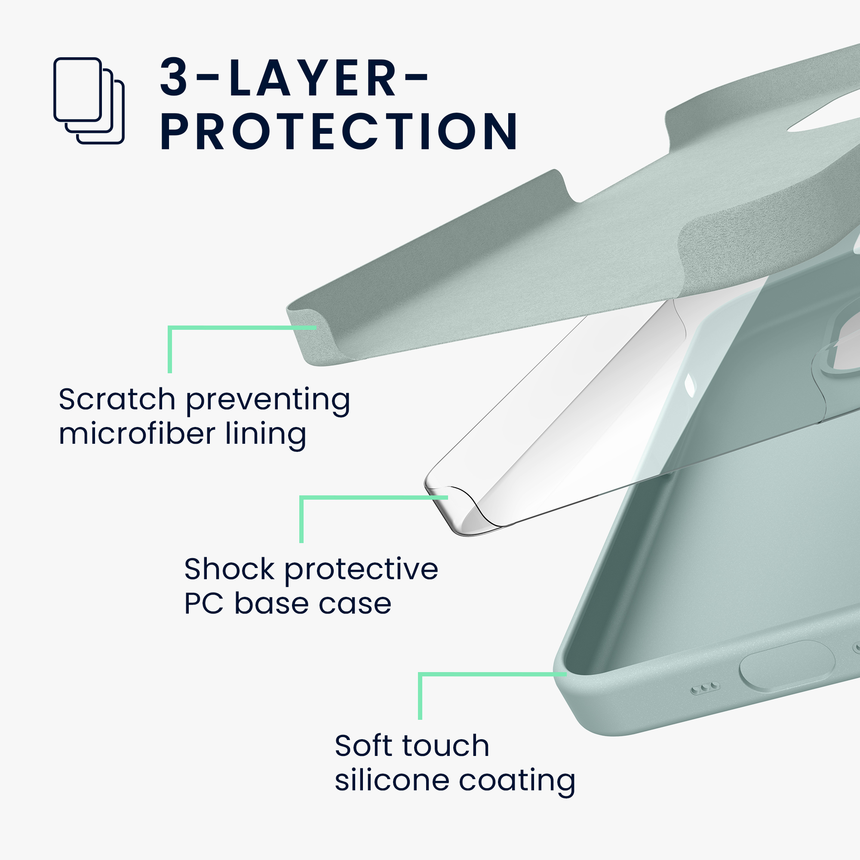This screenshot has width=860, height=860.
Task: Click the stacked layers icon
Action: coord(89,101)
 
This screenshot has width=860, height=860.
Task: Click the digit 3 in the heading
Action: coord(174,77)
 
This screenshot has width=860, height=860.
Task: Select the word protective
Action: coord(361,571)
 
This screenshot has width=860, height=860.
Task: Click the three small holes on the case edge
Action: coord(705,688)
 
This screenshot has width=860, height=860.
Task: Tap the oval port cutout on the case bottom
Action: coord(787,666)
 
